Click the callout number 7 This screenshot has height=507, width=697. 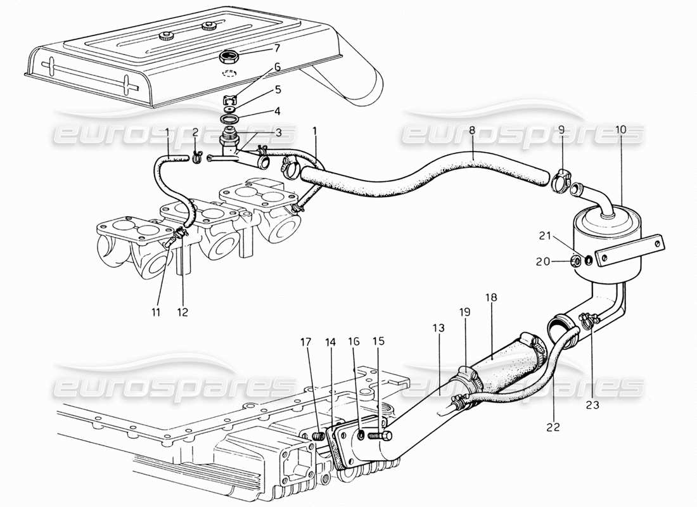click(259, 48)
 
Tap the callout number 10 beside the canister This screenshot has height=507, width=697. click(620, 130)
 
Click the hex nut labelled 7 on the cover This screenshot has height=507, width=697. click(229, 59)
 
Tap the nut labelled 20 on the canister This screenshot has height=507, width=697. click(577, 261)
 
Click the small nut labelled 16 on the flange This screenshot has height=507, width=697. click(361, 435)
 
